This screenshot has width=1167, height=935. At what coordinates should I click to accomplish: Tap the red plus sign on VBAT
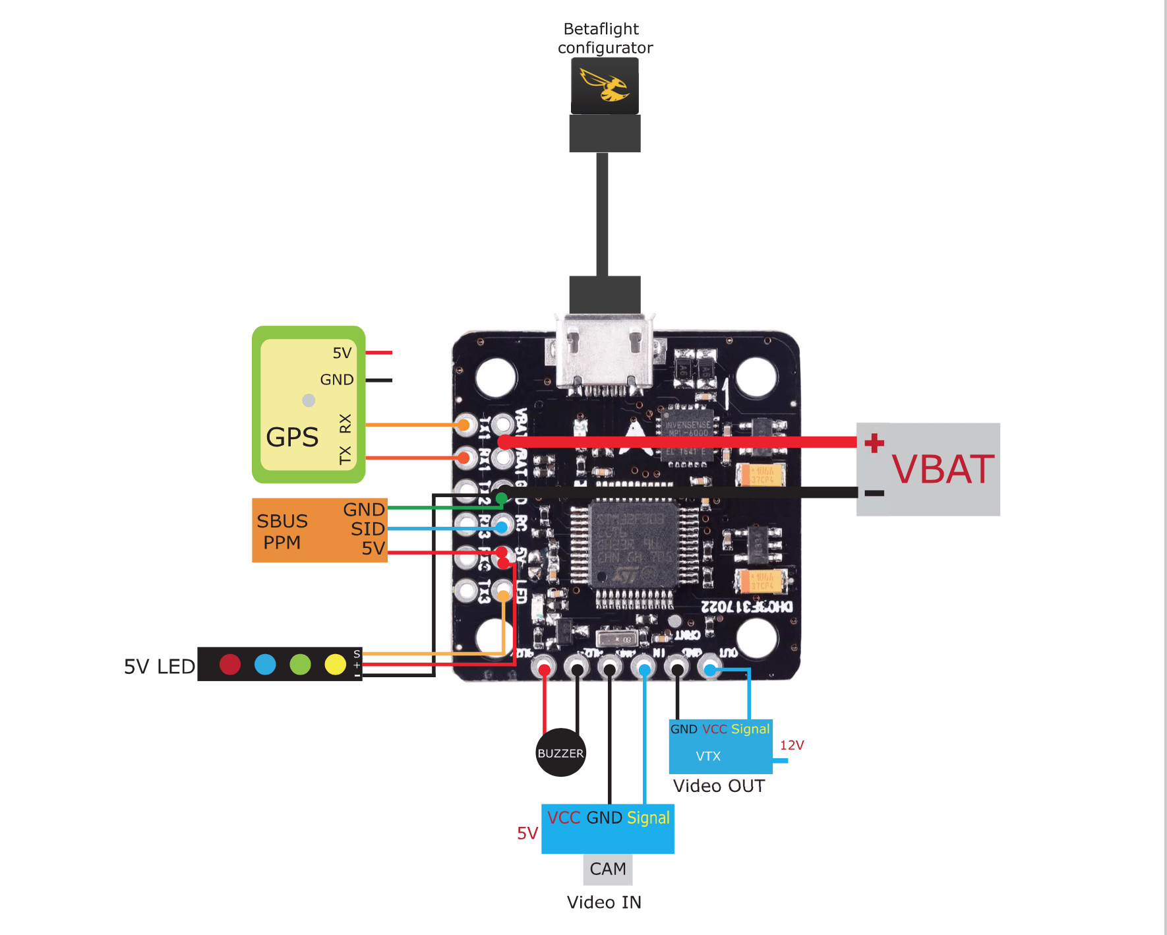pyautogui.click(x=874, y=442)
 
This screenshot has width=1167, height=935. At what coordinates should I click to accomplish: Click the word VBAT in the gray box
pyautogui.click(x=942, y=469)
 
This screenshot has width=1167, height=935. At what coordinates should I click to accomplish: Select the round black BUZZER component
pyautogui.click(x=560, y=752)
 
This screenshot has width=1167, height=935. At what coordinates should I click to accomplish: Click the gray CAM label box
pyautogui.click(x=608, y=869)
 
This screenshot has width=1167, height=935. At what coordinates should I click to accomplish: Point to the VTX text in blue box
pyautogui.click(x=708, y=756)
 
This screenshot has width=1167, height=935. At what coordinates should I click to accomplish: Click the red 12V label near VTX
pyautogui.click(x=792, y=745)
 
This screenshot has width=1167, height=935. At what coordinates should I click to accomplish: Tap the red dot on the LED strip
pyautogui.click(x=230, y=664)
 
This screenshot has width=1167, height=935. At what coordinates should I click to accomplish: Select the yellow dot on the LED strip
pyautogui.click(x=335, y=664)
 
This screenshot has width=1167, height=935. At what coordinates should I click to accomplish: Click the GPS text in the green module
pyautogui.click(x=292, y=437)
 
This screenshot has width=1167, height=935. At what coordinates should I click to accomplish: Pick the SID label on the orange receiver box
pyautogui.click(x=367, y=529)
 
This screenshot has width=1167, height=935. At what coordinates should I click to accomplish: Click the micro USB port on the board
pyautogui.click(x=605, y=356)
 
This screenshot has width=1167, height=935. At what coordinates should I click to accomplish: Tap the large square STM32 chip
pyautogui.click(x=634, y=543)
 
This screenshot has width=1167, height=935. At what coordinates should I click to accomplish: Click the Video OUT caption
pyautogui.click(x=719, y=786)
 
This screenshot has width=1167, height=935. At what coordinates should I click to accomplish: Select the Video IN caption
pyautogui.click(x=604, y=902)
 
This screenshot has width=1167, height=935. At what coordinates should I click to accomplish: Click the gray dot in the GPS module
pyautogui.click(x=309, y=400)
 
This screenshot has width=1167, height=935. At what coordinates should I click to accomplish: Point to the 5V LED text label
pyautogui.click(x=160, y=667)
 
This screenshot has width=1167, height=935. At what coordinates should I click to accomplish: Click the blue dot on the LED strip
pyautogui.click(x=265, y=664)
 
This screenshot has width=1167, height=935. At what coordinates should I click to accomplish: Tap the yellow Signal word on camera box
pyautogui.click(x=647, y=818)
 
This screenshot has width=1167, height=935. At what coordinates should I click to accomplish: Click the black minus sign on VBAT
pyautogui.click(x=874, y=493)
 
